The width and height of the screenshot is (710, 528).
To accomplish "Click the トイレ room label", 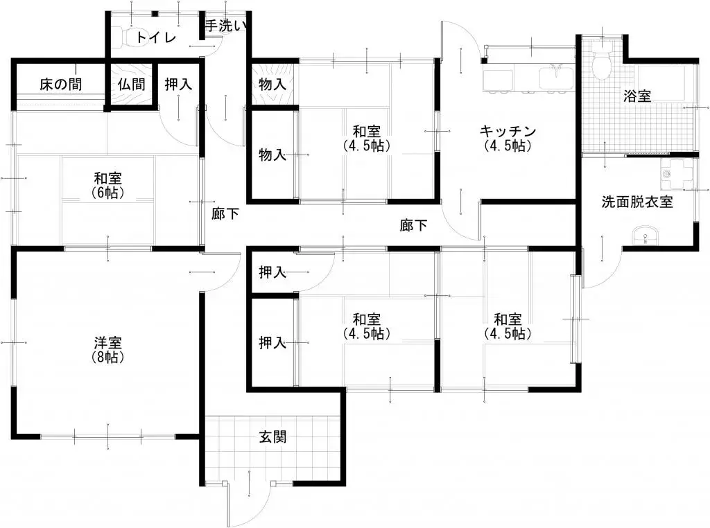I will coord(156,37).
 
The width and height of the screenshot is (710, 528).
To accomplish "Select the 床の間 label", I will coord(60,85).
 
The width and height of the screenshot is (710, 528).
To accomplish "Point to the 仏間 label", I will coord(131,85).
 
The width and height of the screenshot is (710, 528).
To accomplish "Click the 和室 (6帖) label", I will coord(108,184).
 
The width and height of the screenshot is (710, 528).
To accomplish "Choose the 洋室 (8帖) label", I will coord(108,350).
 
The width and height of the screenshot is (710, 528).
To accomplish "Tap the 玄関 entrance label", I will coord(273,437).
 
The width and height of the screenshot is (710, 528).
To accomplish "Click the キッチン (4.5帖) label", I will coord(509,138).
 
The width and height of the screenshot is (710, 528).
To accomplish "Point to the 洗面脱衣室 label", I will coord(637,202).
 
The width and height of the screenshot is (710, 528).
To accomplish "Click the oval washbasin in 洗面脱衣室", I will coord(646,236).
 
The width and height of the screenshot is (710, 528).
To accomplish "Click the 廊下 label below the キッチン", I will coord(413,225).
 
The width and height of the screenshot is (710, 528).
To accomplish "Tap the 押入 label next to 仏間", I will coord(178,85).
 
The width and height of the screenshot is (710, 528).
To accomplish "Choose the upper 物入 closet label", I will coord(272,85).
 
